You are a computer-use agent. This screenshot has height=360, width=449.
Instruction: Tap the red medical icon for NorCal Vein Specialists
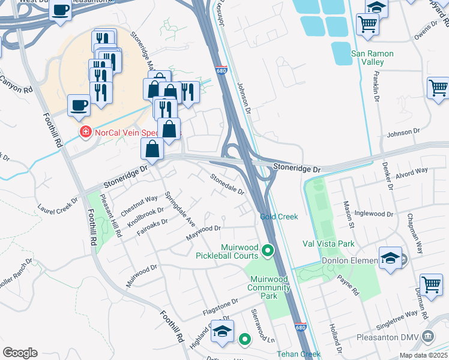pyautogui.click(x=86, y=131)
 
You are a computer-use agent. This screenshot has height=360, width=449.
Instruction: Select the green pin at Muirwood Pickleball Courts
pyautogui.click(x=268, y=251)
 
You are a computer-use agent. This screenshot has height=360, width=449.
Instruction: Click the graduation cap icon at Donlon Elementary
pyautogui.click(x=390, y=259)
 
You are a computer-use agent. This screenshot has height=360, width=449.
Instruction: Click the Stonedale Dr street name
pyautogui.click(x=227, y=184)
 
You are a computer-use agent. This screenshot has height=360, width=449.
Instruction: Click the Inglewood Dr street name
pyautogui.click(x=373, y=214)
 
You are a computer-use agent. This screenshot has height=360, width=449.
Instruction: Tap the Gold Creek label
pyautogui.click(x=279, y=217)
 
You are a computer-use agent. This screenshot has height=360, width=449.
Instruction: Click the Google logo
pyautogui.click(x=20, y=353)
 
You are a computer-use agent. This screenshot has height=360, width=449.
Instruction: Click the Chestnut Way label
pyautogui.click(x=139, y=204)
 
